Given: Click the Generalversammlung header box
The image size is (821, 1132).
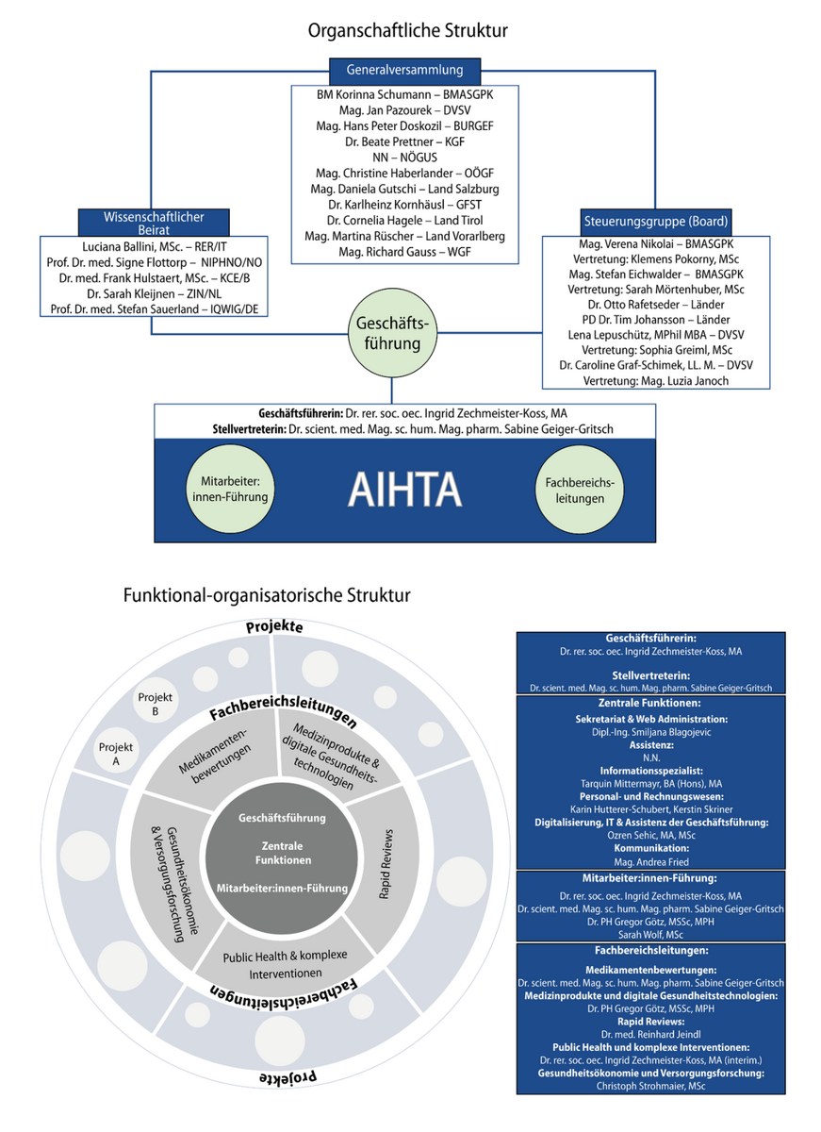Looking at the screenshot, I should click(404, 70).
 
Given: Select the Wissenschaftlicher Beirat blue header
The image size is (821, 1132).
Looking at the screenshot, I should click(154, 223).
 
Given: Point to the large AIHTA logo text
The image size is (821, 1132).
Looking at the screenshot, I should click(404, 488).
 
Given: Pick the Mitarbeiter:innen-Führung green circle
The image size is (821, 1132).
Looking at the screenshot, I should click(230, 488).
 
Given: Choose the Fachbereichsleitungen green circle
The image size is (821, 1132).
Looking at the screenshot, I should click(580, 488).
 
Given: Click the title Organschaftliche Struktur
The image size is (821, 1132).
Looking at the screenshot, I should click(408, 30).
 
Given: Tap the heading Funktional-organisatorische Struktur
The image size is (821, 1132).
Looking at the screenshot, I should click(267, 595).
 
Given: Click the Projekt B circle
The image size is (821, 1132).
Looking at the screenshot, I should click(156, 703).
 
